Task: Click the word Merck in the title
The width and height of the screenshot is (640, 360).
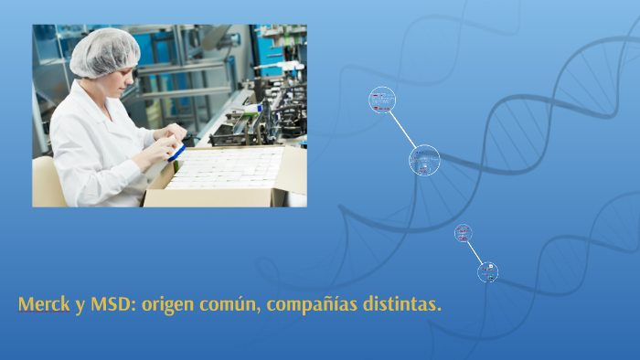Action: click(43, 303)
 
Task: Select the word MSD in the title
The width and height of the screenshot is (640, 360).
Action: click(110, 303)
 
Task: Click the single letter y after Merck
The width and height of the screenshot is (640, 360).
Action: click(80, 305)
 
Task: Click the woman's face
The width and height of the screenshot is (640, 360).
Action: click(123, 82)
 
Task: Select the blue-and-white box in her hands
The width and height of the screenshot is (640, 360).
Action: click(177, 149)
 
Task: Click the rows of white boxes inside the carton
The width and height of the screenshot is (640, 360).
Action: click(224, 169)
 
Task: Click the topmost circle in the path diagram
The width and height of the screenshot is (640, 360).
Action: click(382, 100)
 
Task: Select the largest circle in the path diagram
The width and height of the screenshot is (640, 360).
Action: click(424, 161)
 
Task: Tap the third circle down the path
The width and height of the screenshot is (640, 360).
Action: click(464, 233)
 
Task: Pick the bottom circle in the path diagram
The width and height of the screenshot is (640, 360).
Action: click(488, 271)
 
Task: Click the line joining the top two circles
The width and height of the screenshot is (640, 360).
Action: click(402, 129)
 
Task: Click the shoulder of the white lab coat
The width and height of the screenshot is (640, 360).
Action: click(82, 110)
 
